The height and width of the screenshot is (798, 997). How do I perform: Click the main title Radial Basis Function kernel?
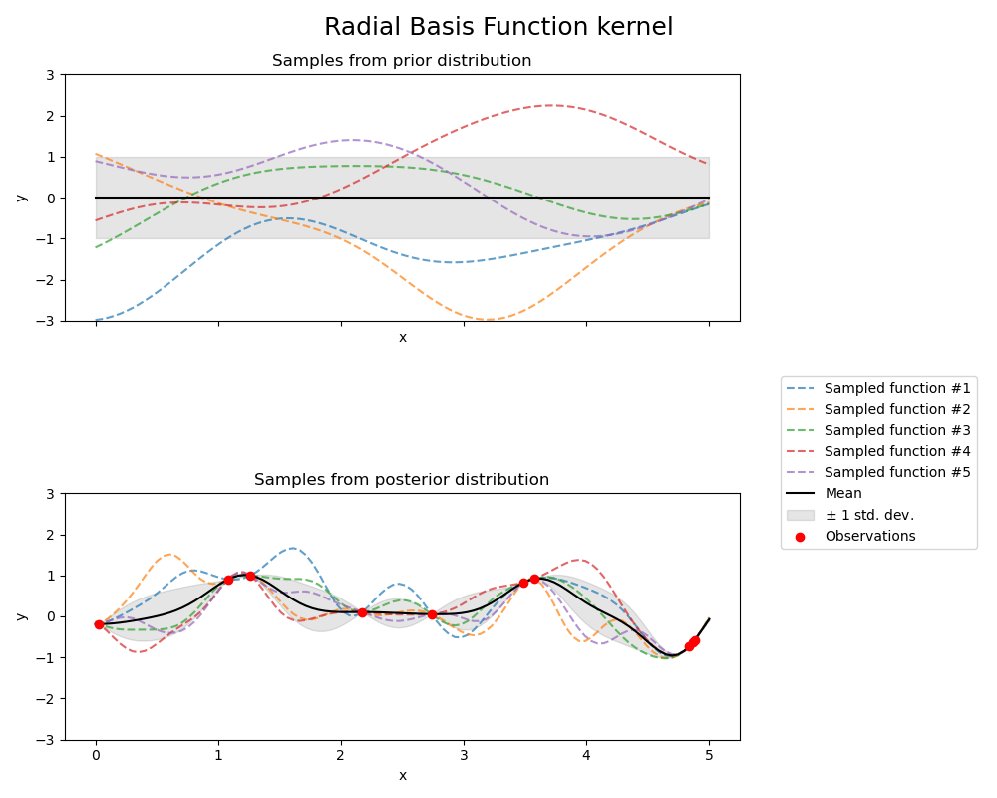tap(498, 27)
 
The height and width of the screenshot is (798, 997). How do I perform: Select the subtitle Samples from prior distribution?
tap(402, 61)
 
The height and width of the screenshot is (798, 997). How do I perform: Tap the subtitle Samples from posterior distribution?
tap(402, 480)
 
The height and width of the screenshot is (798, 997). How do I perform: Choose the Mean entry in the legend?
tap(843, 493)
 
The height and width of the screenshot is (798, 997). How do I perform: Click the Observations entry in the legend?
tap(869, 536)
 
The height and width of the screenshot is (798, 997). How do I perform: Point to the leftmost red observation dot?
tap(99, 624)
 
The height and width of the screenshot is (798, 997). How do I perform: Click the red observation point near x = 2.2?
tap(362, 612)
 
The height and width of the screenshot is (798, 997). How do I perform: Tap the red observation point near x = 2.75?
tap(432, 614)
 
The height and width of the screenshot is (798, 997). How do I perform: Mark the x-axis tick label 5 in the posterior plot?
tap(709, 756)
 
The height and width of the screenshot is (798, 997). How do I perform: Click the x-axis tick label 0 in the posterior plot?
tap(96, 756)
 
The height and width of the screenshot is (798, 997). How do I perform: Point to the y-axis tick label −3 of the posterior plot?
tap(46, 740)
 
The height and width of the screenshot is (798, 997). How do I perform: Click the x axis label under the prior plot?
tap(402, 338)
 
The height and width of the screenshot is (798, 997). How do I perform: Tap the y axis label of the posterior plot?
tap(21, 616)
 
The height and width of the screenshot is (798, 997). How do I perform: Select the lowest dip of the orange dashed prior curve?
tap(488, 320)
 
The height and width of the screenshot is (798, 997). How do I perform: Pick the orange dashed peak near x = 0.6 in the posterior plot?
tap(169, 555)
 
